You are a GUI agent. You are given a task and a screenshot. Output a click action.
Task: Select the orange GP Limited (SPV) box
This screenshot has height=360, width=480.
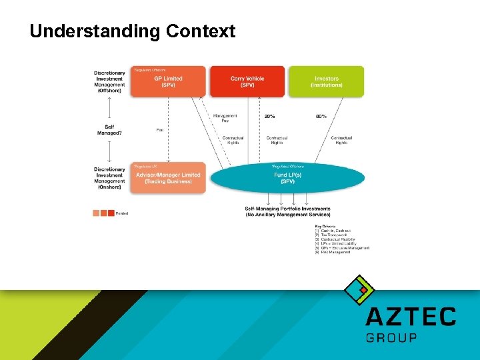click(x=168, y=81)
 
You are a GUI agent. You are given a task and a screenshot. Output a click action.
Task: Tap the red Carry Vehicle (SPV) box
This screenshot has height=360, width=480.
click(x=247, y=81)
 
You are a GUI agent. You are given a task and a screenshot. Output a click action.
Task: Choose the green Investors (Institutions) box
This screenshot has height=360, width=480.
click(x=326, y=81)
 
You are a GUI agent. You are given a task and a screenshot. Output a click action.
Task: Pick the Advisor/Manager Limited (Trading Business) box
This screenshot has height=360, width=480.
click(x=168, y=178)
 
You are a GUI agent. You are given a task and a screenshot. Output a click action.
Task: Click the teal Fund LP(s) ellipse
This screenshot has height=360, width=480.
click(x=287, y=178)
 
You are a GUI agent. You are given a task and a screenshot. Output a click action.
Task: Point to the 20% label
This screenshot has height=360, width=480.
click(x=269, y=117)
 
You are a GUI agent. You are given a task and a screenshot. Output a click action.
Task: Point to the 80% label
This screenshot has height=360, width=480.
click(x=321, y=117)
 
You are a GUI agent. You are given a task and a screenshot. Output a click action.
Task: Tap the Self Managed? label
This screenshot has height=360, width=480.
click(x=109, y=129)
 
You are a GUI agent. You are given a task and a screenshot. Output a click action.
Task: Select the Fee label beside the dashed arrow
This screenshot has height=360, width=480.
click(x=160, y=129)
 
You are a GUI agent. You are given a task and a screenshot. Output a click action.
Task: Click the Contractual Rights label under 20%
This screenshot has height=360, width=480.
click(x=277, y=140)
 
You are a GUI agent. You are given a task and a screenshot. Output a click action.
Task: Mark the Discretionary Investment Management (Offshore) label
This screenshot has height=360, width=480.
click(x=109, y=81)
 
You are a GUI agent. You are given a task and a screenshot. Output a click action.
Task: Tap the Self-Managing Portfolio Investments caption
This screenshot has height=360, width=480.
click(x=287, y=211)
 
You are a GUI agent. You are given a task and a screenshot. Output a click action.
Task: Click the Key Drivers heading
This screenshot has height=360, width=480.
click(x=326, y=227)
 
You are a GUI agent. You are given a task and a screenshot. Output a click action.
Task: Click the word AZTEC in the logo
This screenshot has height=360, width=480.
click(x=411, y=317)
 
